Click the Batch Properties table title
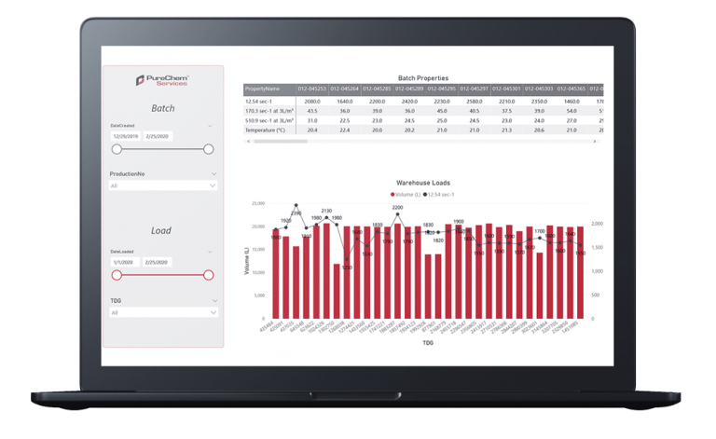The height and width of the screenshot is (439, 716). [x=422, y=78]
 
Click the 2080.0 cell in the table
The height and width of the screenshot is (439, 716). [x=312, y=101]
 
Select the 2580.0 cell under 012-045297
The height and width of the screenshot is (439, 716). [x=475, y=101]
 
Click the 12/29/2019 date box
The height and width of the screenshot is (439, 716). [x=126, y=136]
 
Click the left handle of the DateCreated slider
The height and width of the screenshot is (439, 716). [x=117, y=149]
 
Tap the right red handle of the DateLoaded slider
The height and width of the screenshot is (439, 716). [x=208, y=275]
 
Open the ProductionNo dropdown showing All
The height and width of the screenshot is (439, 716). [x=163, y=185]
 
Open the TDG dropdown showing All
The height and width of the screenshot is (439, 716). [x=163, y=313]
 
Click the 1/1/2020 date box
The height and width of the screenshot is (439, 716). [x=126, y=263]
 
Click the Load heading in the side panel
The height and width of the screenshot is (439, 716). [x=162, y=231]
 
